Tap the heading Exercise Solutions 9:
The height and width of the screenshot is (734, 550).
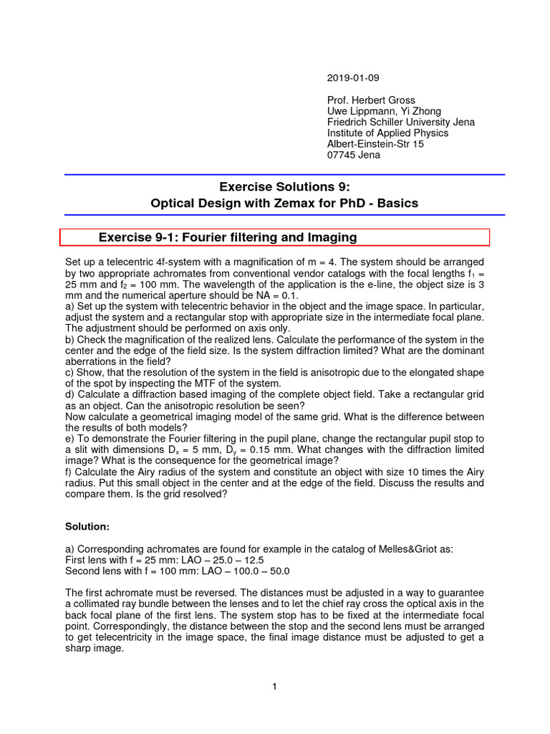pyautogui.click(x=284, y=187)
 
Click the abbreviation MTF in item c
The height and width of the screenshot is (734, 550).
pyautogui.click(x=185, y=383)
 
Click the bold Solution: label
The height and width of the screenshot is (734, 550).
pyautogui.click(x=87, y=527)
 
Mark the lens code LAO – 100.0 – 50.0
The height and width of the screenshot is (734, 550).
pyautogui.click(x=240, y=571)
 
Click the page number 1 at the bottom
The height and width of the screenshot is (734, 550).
pyautogui.click(x=274, y=687)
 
